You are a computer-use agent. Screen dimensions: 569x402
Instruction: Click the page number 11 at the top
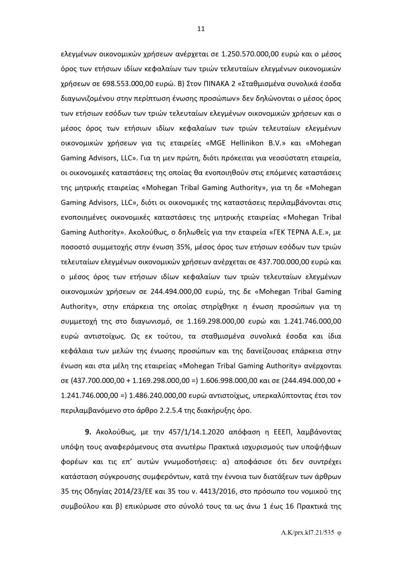coord(201,29)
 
